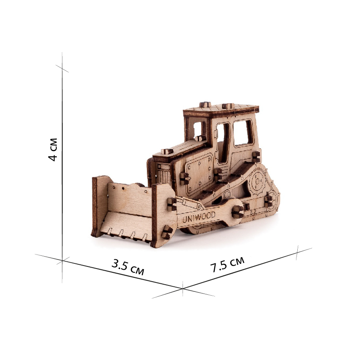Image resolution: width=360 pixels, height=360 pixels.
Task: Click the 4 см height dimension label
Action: point(53,150)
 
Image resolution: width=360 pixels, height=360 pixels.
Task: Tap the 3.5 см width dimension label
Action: point(128,267)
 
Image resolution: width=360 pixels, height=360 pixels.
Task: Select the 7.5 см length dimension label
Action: point(227,264)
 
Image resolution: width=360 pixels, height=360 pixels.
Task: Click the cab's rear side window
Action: point(243,133)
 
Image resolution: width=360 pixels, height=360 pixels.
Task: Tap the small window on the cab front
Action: point(197,130)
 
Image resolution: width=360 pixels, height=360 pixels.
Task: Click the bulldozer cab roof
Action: point(221,110)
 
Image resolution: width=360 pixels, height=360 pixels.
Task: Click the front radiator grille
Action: point(163,173)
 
